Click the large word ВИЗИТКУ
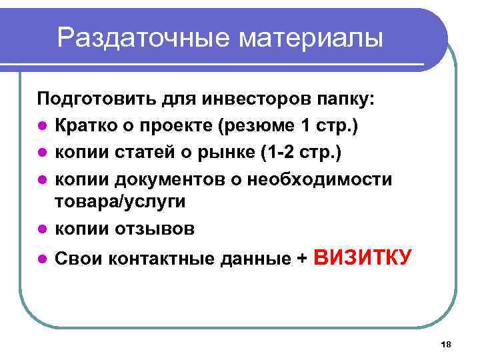363,257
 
